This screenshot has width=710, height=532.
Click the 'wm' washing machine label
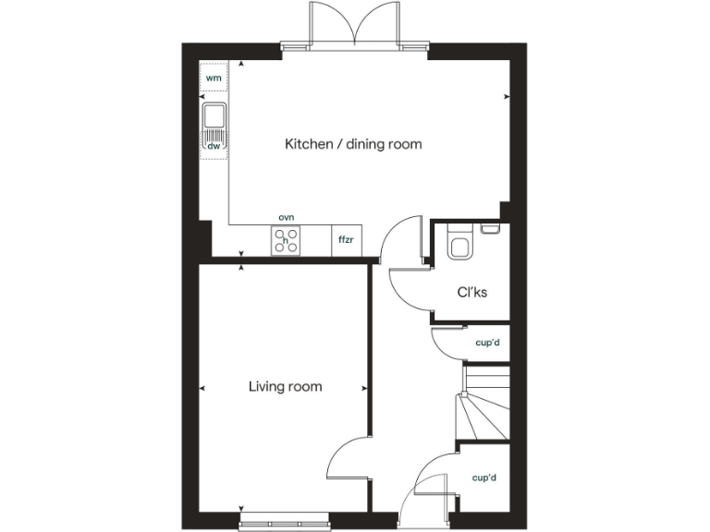pyautogui.click(x=214, y=78)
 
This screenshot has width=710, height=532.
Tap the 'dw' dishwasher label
pyautogui.click(x=214, y=146)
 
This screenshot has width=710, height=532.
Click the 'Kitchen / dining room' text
pyautogui.click(x=353, y=144)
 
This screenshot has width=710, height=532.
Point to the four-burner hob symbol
pyautogui.click(x=286, y=240)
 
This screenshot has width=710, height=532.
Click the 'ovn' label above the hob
pyautogui.click(x=286, y=217)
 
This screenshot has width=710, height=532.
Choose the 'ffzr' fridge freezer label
pyautogui.click(x=347, y=240)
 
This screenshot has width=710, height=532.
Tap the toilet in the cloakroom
pyautogui.click(x=458, y=245)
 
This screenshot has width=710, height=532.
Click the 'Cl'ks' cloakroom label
pyautogui.click(x=472, y=293)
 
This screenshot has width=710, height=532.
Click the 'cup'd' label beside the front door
pyautogui.click(x=485, y=478)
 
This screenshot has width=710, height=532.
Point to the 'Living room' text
pyautogui.click(x=285, y=386)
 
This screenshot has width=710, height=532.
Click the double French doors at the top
pyautogui.click(x=354, y=23)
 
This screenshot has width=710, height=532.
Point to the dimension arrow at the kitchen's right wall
pyautogui.click(x=506, y=96)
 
